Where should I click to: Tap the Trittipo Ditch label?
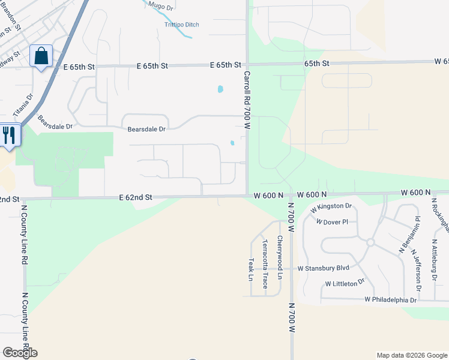click(x=181, y=25)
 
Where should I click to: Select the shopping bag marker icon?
click(x=41, y=56)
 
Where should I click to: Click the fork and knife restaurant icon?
click(x=9, y=134)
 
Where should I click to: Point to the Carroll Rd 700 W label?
click(x=247, y=100)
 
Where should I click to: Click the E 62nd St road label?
click(x=136, y=197)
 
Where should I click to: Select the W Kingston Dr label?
click(x=330, y=207)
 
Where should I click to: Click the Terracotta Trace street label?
click(x=265, y=263)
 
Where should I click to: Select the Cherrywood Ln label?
click(x=279, y=259)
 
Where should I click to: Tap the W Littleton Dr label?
click(x=345, y=283)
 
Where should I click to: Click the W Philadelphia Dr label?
click(x=390, y=299)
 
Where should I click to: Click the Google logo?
click(x=20, y=353)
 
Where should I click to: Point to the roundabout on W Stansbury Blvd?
click(x=370, y=242)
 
